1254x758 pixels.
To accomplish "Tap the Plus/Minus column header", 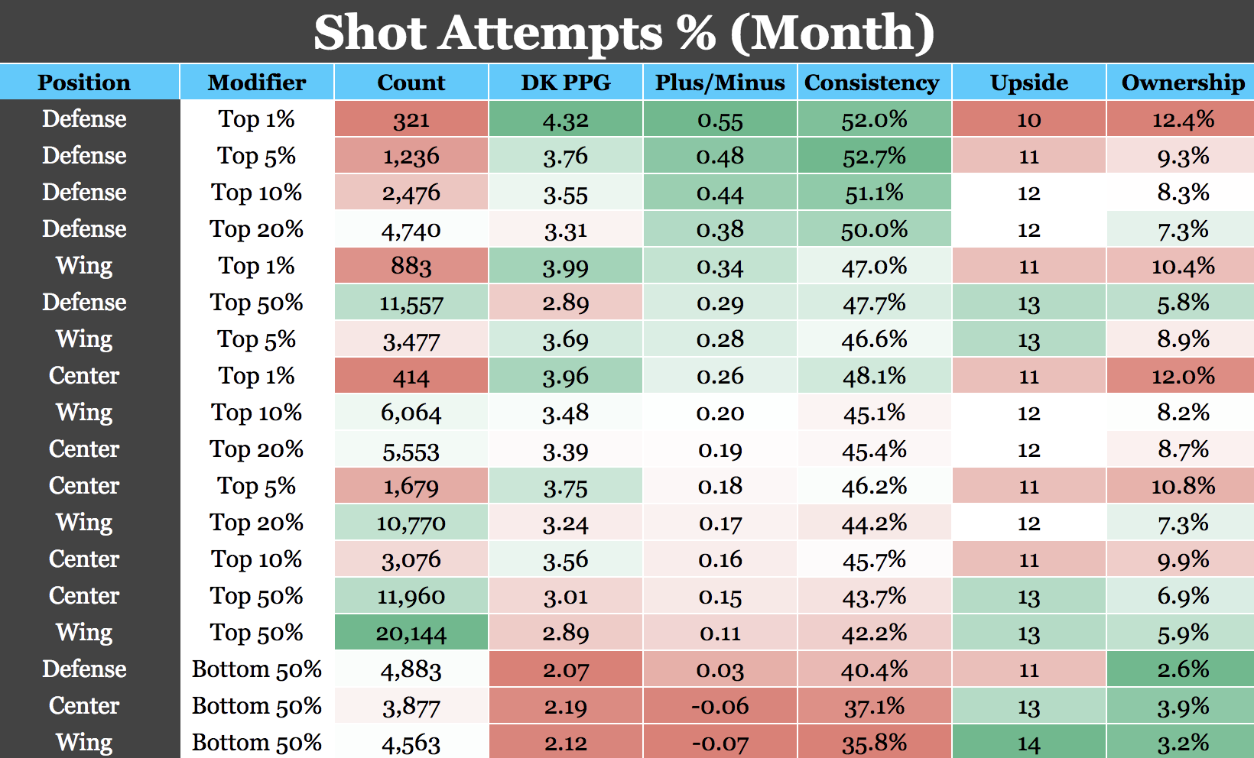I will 720,83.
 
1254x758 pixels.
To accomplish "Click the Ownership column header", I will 1182,83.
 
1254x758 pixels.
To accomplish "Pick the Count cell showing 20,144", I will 411,633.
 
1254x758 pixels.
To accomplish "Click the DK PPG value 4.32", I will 565,120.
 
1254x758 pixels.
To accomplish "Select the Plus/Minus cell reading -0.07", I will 720,743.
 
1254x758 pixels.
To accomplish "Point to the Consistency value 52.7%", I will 874,157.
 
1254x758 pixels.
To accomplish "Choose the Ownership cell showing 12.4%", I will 1182,120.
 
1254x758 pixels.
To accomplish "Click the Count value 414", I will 411,377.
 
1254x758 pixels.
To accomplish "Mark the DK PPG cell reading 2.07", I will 565,670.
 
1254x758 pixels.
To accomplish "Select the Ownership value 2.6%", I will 1182,670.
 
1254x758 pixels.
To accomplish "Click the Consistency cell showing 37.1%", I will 874,707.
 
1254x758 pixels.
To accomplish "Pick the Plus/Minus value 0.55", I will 720,120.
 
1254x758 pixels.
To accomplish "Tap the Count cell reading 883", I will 411,267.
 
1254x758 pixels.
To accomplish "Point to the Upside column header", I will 1028,83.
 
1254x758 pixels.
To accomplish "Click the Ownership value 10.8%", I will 1182,487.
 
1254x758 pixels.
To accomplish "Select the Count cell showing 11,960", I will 411,596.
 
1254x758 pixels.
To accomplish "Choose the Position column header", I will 84,83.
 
